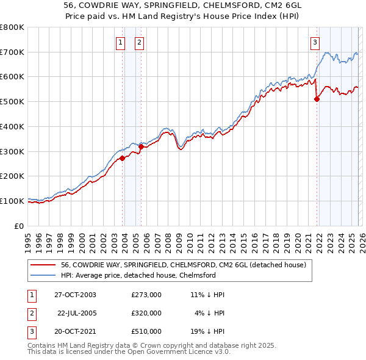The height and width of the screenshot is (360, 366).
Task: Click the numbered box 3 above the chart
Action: click(315, 42)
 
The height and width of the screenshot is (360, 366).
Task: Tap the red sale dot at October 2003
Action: click(122, 158)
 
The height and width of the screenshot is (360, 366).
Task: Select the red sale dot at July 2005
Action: click(141, 146)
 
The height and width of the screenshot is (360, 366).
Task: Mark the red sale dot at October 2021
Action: click(317, 99)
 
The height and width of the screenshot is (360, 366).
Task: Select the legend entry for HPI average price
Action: click(138, 275)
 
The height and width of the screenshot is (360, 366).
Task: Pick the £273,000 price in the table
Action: click(146, 295)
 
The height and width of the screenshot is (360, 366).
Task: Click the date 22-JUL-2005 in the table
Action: click(77, 313)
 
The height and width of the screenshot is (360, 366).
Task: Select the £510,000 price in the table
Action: click(146, 331)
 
